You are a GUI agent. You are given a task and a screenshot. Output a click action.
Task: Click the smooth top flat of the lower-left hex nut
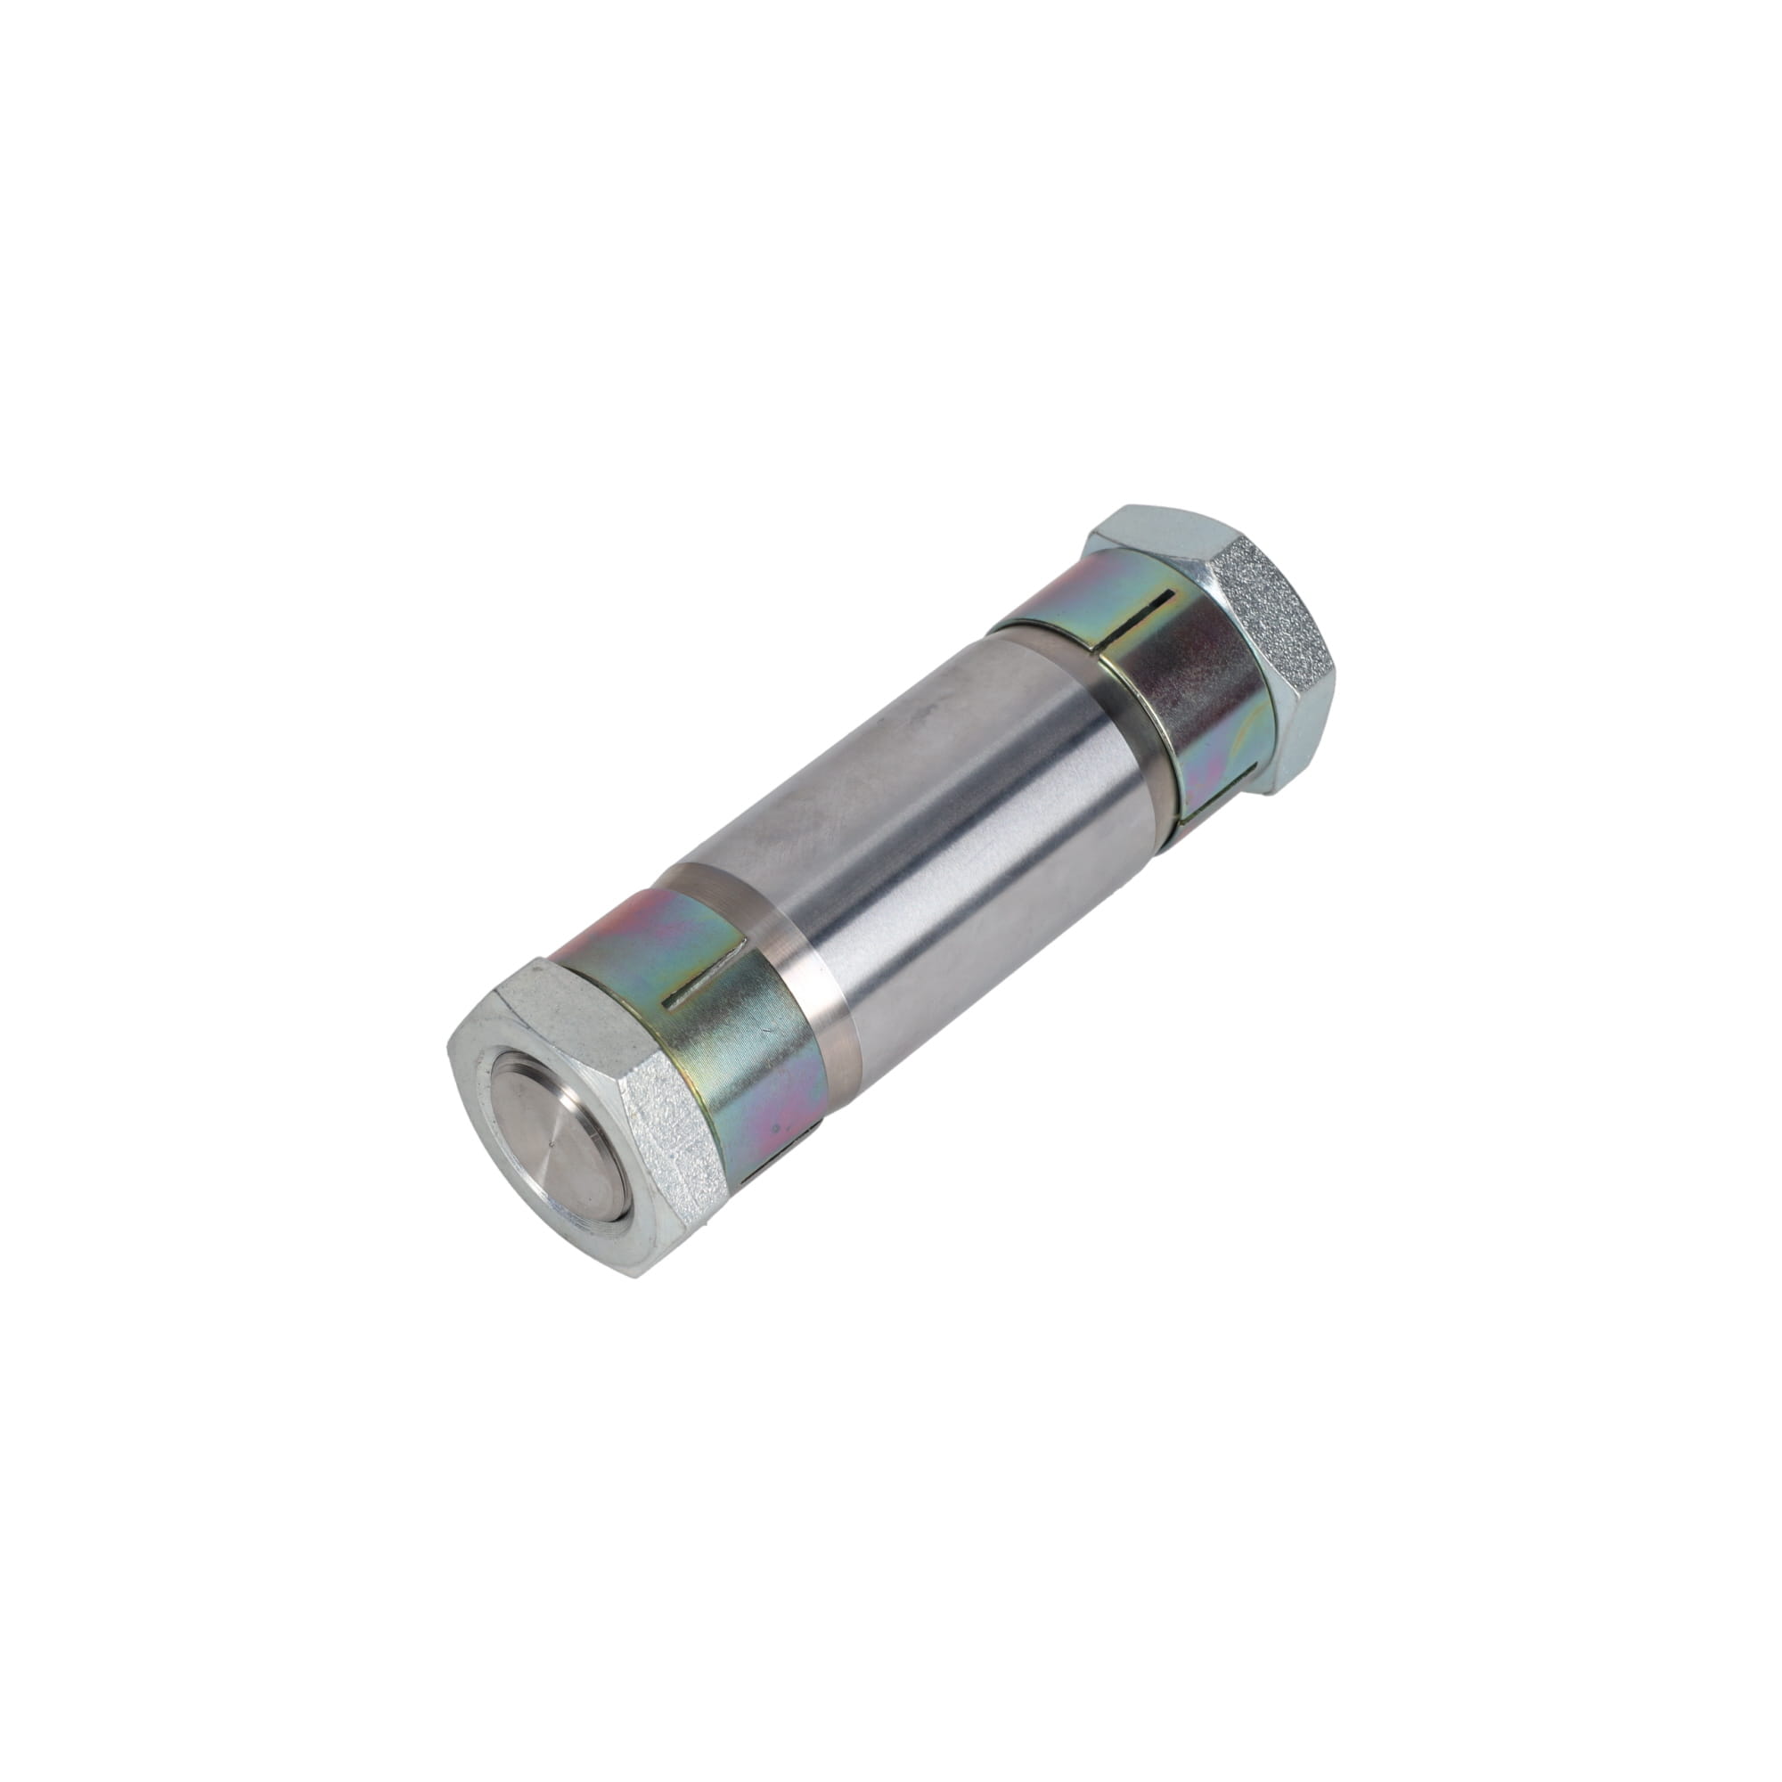point(553,1005)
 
